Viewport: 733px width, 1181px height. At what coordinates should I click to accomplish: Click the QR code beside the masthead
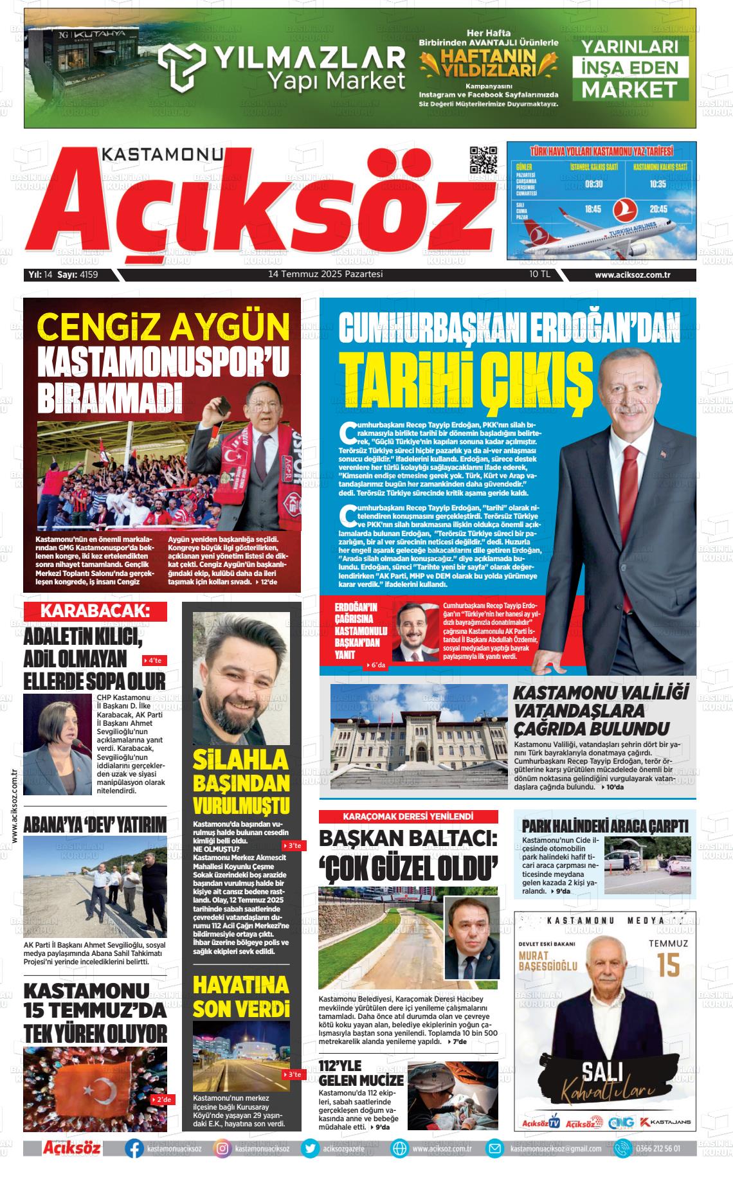(484, 160)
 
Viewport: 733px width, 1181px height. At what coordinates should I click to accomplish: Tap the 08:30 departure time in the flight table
(593, 184)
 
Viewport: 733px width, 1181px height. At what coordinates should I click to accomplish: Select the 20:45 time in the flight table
(658, 209)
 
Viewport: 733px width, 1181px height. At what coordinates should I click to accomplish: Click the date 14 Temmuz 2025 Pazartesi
(325, 275)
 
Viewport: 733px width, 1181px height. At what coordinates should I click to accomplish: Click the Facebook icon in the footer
(134, 1148)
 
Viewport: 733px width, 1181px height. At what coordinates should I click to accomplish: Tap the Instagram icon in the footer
(222, 1148)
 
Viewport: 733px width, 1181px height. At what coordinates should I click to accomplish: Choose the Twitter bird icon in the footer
(311, 1148)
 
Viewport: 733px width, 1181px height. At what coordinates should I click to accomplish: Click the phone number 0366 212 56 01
(658, 1148)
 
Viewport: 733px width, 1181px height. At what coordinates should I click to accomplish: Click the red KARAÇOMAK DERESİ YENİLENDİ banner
(408, 816)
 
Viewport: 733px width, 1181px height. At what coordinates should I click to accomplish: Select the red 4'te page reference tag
(154, 660)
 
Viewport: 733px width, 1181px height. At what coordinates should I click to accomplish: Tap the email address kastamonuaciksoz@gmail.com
(556, 1149)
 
